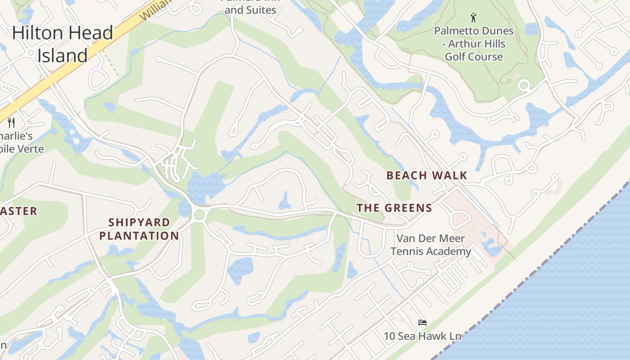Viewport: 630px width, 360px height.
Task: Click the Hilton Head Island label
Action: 63,44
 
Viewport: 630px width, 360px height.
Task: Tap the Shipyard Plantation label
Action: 139,229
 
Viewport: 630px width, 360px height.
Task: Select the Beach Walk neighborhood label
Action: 427,175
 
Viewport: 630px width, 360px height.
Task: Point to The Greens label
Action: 394,208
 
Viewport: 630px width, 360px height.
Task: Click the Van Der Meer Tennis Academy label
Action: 431,245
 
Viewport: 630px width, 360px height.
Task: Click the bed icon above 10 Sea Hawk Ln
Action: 422,323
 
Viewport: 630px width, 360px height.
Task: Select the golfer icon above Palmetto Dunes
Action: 473,18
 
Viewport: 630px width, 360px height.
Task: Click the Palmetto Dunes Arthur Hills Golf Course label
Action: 474,44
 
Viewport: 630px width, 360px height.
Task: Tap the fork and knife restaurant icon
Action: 12,122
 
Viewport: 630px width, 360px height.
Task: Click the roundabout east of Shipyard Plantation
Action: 199,215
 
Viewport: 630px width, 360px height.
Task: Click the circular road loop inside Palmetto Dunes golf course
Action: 524,85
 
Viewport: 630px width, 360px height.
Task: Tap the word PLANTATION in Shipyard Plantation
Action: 139,236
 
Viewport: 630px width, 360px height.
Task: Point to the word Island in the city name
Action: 63,55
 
